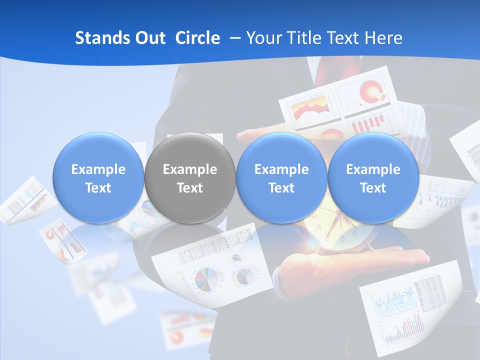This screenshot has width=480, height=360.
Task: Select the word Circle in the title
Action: [x=197, y=38]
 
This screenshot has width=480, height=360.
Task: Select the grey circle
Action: [x=190, y=177]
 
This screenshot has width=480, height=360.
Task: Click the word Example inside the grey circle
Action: [x=190, y=169]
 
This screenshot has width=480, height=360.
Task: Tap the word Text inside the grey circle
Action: [x=190, y=188]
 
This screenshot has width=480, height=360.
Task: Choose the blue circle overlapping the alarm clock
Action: [x=281, y=177]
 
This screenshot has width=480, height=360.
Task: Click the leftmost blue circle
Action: [x=98, y=177]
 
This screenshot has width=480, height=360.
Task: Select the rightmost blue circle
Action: [x=373, y=177]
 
